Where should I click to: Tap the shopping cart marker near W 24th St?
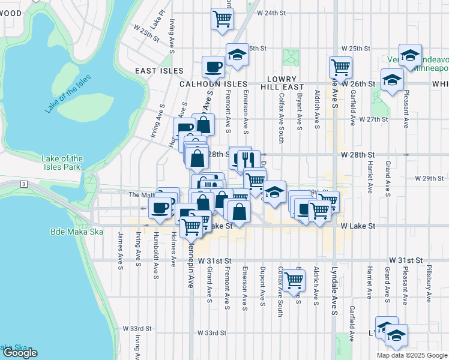[222, 19]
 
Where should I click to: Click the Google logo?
[20, 353]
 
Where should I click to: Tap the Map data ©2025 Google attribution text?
[411, 355]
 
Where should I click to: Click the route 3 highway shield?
[23, 182]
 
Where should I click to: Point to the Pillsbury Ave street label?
[429, 279]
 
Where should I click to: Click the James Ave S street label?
[121, 247]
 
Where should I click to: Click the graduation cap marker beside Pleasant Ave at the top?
[410, 55]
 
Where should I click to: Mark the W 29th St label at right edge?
[432, 178]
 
